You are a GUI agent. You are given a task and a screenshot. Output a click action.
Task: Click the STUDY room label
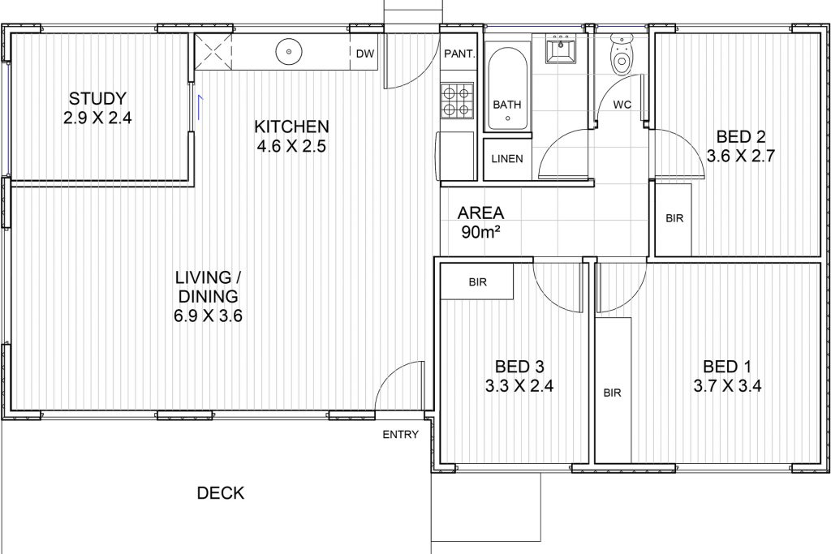(x=97, y=98)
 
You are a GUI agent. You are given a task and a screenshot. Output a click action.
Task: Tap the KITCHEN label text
(x=291, y=127)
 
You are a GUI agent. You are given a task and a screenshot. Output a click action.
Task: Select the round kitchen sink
(x=289, y=52)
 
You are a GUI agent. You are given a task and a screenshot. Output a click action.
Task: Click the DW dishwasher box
(x=364, y=53)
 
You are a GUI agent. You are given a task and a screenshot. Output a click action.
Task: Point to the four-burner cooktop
(x=457, y=100)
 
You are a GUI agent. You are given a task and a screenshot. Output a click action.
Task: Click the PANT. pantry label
(x=459, y=54)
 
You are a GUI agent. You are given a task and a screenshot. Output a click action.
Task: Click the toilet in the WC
(x=622, y=55)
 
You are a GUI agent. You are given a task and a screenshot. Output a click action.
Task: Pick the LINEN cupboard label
(x=507, y=159)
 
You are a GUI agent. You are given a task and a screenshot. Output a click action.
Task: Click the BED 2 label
(x=741, y=136)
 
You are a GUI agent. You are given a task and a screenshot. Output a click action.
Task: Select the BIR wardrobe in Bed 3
(x=477, y=281)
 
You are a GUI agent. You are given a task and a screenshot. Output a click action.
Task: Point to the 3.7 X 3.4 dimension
(x=727, y=385)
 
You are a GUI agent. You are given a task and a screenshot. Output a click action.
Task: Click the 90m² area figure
(x=481, y=232)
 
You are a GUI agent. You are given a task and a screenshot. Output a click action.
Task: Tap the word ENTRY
(x=401, y=435)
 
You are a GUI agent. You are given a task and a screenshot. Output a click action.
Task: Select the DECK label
(x=221, y=493)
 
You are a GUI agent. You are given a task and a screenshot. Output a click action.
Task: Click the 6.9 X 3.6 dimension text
(x=208, y=316)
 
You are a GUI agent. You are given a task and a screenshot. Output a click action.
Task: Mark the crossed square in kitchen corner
(x=213, y=52)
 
